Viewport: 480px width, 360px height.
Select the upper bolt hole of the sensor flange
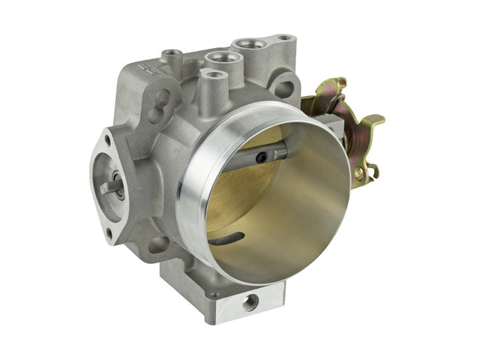point(107,139)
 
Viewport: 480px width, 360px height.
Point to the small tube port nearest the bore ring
point(214,74)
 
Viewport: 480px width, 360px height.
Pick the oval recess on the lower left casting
point(159,244)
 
